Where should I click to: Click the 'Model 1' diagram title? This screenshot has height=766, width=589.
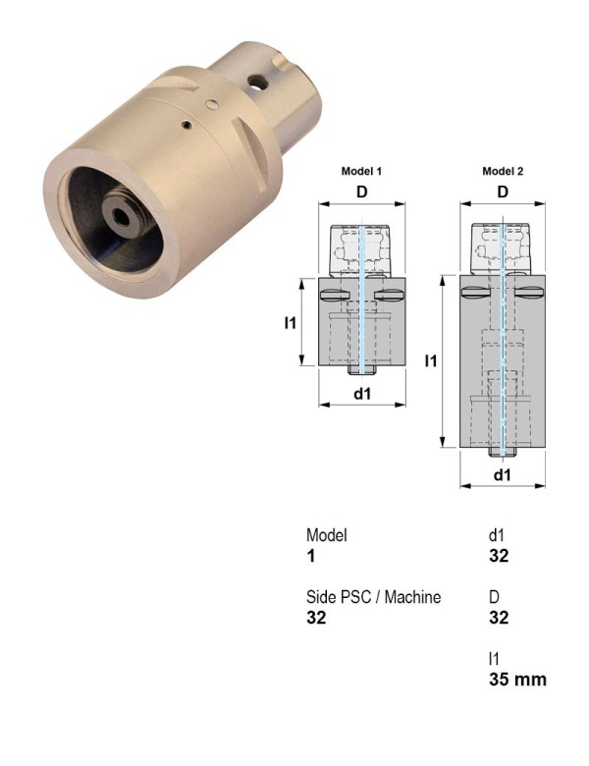pos(361,171)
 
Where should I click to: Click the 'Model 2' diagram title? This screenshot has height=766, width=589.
pos(503,171)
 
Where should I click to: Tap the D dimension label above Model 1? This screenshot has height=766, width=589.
pos(362,191)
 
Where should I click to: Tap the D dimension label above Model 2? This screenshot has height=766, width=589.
pos(503,191)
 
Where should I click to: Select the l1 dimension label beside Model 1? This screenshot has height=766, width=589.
pos(290,322)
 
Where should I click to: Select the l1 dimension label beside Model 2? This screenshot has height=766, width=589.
pos(431,361)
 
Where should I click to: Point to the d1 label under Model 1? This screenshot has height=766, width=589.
pos(362,394)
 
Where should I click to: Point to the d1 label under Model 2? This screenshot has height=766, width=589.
pos(503,474)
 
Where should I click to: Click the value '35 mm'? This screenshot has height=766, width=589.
pos(517,679)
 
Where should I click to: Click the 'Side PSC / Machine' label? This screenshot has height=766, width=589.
pos(373,597)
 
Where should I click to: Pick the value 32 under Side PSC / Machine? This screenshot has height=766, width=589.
pos(316,618)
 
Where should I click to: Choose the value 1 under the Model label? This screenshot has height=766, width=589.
pos(310,557)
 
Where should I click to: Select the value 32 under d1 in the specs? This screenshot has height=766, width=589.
pos(499,557)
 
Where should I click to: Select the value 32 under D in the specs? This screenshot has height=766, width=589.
pos(499,618)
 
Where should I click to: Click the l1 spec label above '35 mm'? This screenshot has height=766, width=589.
pos(493,658)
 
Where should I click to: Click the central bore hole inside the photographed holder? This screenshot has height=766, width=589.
pos(121,215)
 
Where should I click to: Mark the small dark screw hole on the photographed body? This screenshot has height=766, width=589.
pos(188,125)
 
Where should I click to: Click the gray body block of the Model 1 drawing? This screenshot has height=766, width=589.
pos(334,339)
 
